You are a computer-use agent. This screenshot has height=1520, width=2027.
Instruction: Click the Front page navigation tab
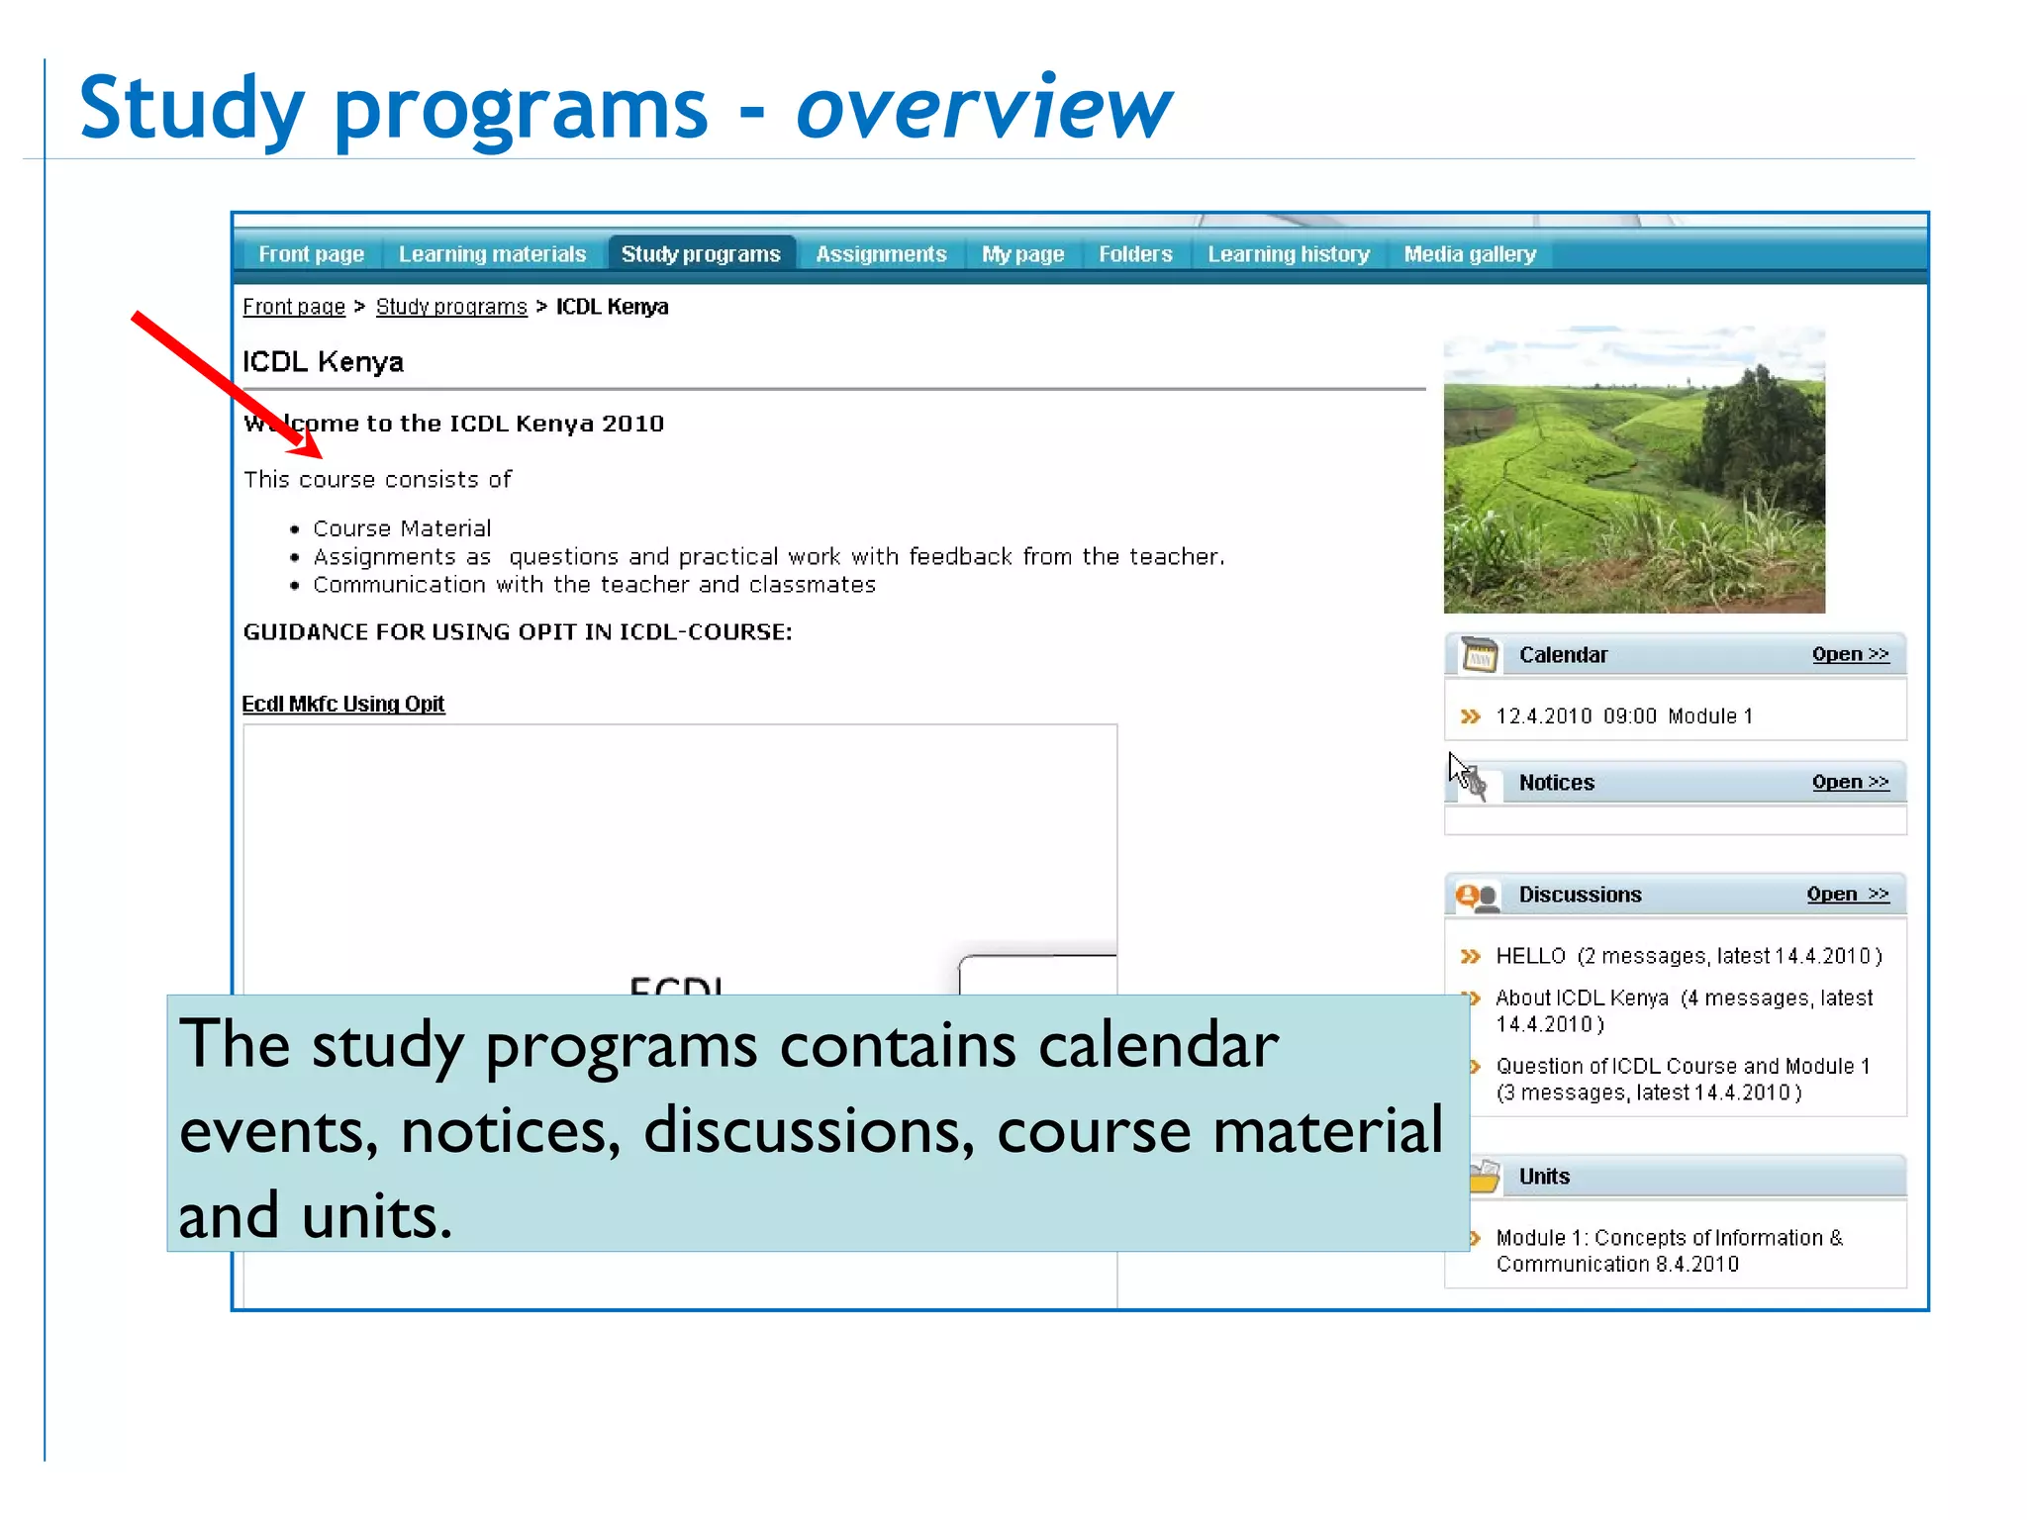point(311,254)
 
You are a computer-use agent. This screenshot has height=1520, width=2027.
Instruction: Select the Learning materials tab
point(492,254)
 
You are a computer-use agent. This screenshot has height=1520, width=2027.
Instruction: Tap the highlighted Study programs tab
point(701,254)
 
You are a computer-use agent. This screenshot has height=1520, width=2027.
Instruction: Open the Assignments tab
point(881,254)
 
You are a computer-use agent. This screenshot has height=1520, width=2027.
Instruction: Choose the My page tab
point(1022,254)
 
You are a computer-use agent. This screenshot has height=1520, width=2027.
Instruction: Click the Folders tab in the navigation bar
point(1135,254)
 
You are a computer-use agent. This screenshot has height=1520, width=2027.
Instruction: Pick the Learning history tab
point(1289,254)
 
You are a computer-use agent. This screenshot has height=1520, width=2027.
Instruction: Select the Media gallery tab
point(1470,254)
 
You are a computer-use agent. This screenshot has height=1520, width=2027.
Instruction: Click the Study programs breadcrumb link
point(451,307)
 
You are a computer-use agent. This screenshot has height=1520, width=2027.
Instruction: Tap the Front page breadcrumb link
point(294,307)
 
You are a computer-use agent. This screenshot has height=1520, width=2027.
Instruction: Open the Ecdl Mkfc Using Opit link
point(343,704)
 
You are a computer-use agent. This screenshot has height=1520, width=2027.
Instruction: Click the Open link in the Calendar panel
point(1850,654)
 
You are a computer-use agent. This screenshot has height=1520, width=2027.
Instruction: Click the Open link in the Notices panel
point(1850,782)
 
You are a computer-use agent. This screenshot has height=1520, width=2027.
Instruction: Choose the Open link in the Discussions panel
point(1847,894)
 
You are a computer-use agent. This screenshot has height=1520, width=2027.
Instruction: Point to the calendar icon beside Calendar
point(1480,654)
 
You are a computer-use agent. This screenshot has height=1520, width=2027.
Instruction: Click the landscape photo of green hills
point(1634,470)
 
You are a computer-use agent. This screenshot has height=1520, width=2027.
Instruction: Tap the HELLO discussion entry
point(1530,956)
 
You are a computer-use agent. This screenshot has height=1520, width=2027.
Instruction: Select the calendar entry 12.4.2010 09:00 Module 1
point(1624,715)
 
